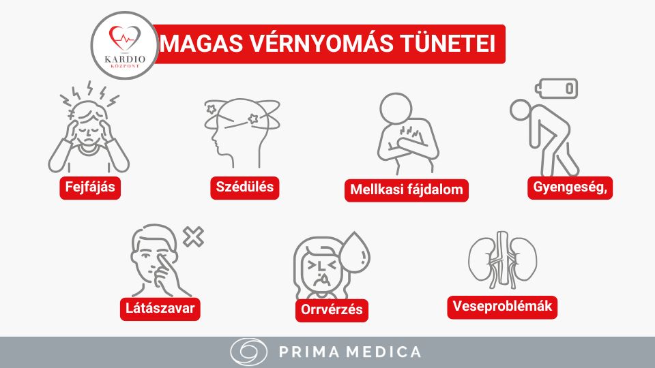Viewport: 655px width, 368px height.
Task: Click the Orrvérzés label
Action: (332, 309)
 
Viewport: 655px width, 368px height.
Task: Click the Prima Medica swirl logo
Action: (248, 352)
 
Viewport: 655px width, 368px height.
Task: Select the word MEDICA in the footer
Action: (387, 352)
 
